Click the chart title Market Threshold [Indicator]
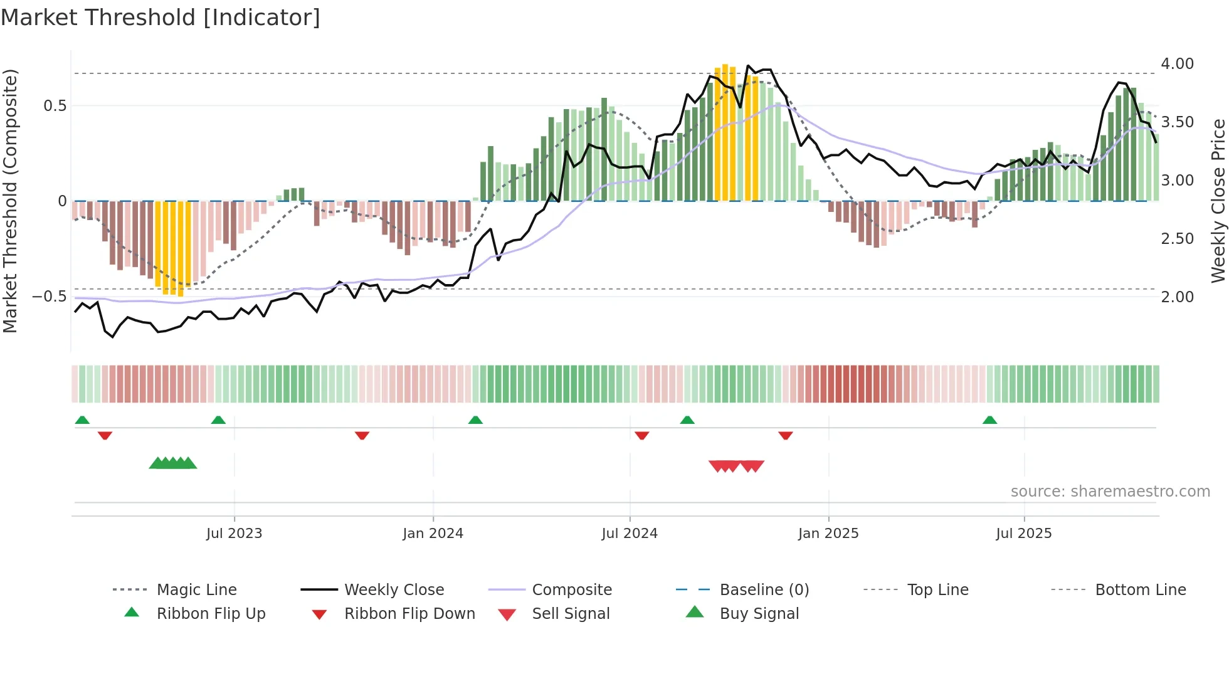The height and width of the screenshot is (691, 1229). click(x=161, y=18)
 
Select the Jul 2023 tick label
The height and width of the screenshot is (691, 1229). click(x=234, y=534)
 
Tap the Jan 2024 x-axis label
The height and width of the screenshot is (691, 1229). click(x=433, y=534)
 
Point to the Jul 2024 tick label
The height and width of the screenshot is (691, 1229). click(x=630, y=534)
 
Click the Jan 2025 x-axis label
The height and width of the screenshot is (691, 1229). click(x=828, y=534)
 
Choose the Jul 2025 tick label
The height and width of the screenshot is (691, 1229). click(x=1024, y=534)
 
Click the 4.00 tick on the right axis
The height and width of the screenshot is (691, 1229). click(x=1177, y=64)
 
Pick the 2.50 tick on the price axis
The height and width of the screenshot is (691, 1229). click(x=1177, y=239)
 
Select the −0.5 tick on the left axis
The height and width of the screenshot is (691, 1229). click(x=49, y=297)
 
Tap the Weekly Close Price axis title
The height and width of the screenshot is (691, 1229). click(x=1218, y=201)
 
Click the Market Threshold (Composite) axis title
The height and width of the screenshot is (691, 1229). click(x=10, y=201)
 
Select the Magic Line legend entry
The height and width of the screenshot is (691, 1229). click(x=196, y=590)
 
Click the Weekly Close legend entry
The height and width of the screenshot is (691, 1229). click(x=394, y=590)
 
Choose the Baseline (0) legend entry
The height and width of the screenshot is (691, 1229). click(x=764, y=590)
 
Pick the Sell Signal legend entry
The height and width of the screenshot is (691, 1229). click(x=571, y=614)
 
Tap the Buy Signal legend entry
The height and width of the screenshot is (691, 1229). click(x=759, y=614)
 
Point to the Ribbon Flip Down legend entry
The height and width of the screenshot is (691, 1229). click(x=409, y=614)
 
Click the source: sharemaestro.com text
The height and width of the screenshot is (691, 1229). click(x=1110, y=492)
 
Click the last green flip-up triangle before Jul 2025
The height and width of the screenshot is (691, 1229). click(x=989, y=420)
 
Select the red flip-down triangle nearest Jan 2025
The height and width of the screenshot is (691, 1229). click(x=786, y=435)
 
